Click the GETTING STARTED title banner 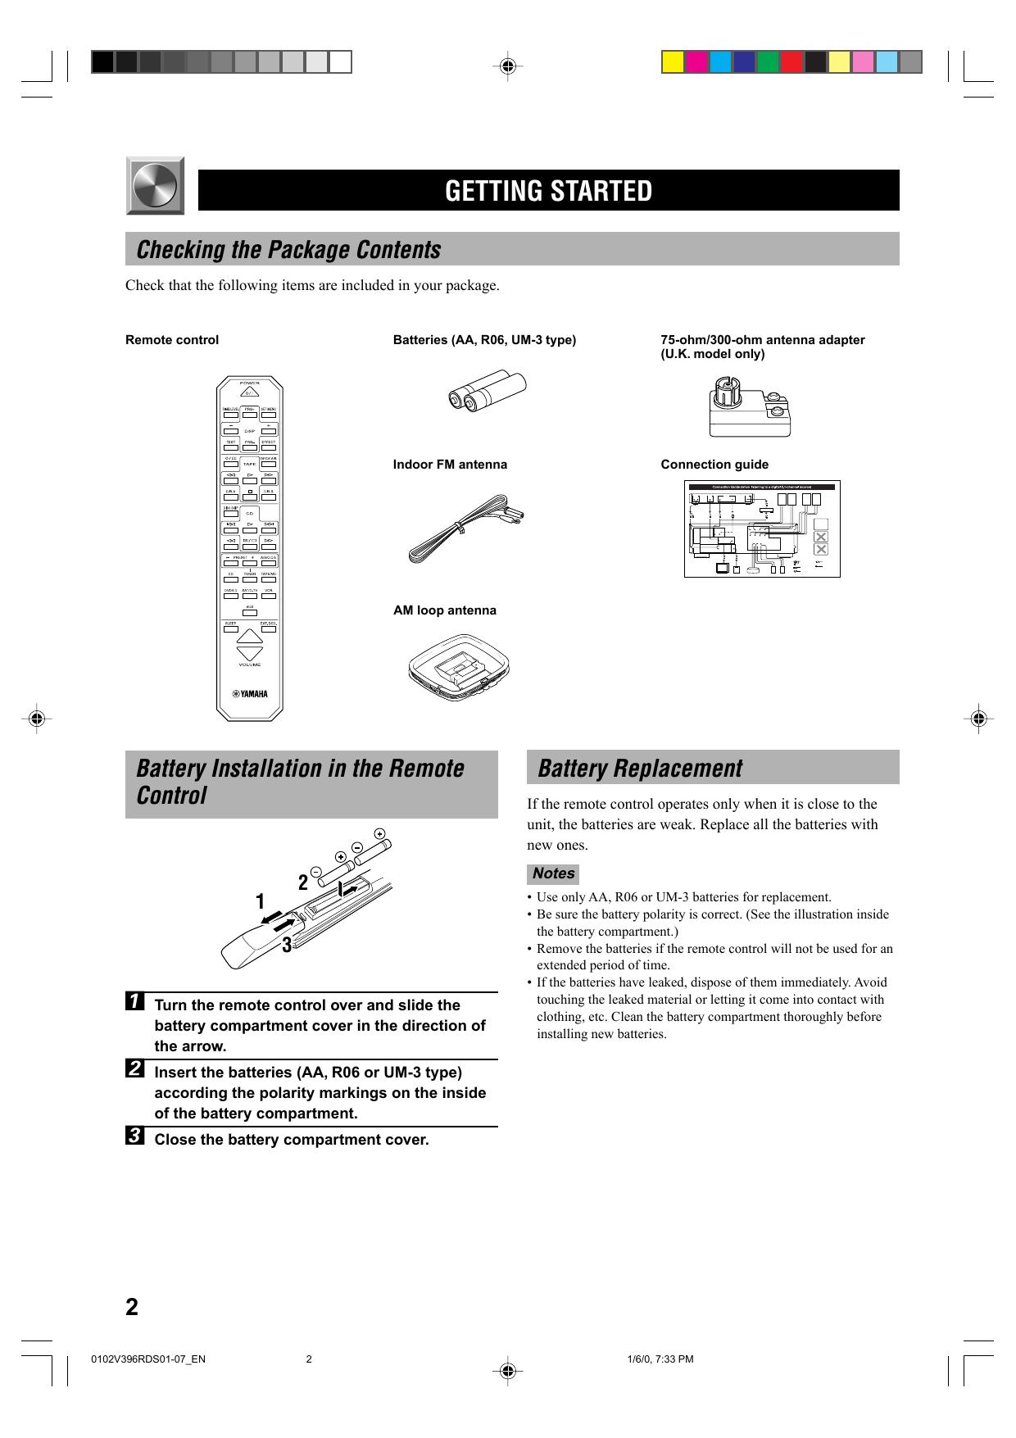coord(548,190)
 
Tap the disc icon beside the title coord(155,186)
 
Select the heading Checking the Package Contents coord(288,249)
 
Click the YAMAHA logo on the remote coord(249,695)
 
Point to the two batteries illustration coord(488,391)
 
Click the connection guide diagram coord(762,528)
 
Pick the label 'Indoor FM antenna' coord(450,465)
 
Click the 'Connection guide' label coord(714,465)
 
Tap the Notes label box coord(553,873)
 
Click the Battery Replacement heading coord(640,769)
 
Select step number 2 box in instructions coord(136,1069)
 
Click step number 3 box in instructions coord(136,1136)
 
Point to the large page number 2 coord(132,1306)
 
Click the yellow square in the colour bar coord(673,62)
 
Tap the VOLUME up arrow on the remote coord(249,636)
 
